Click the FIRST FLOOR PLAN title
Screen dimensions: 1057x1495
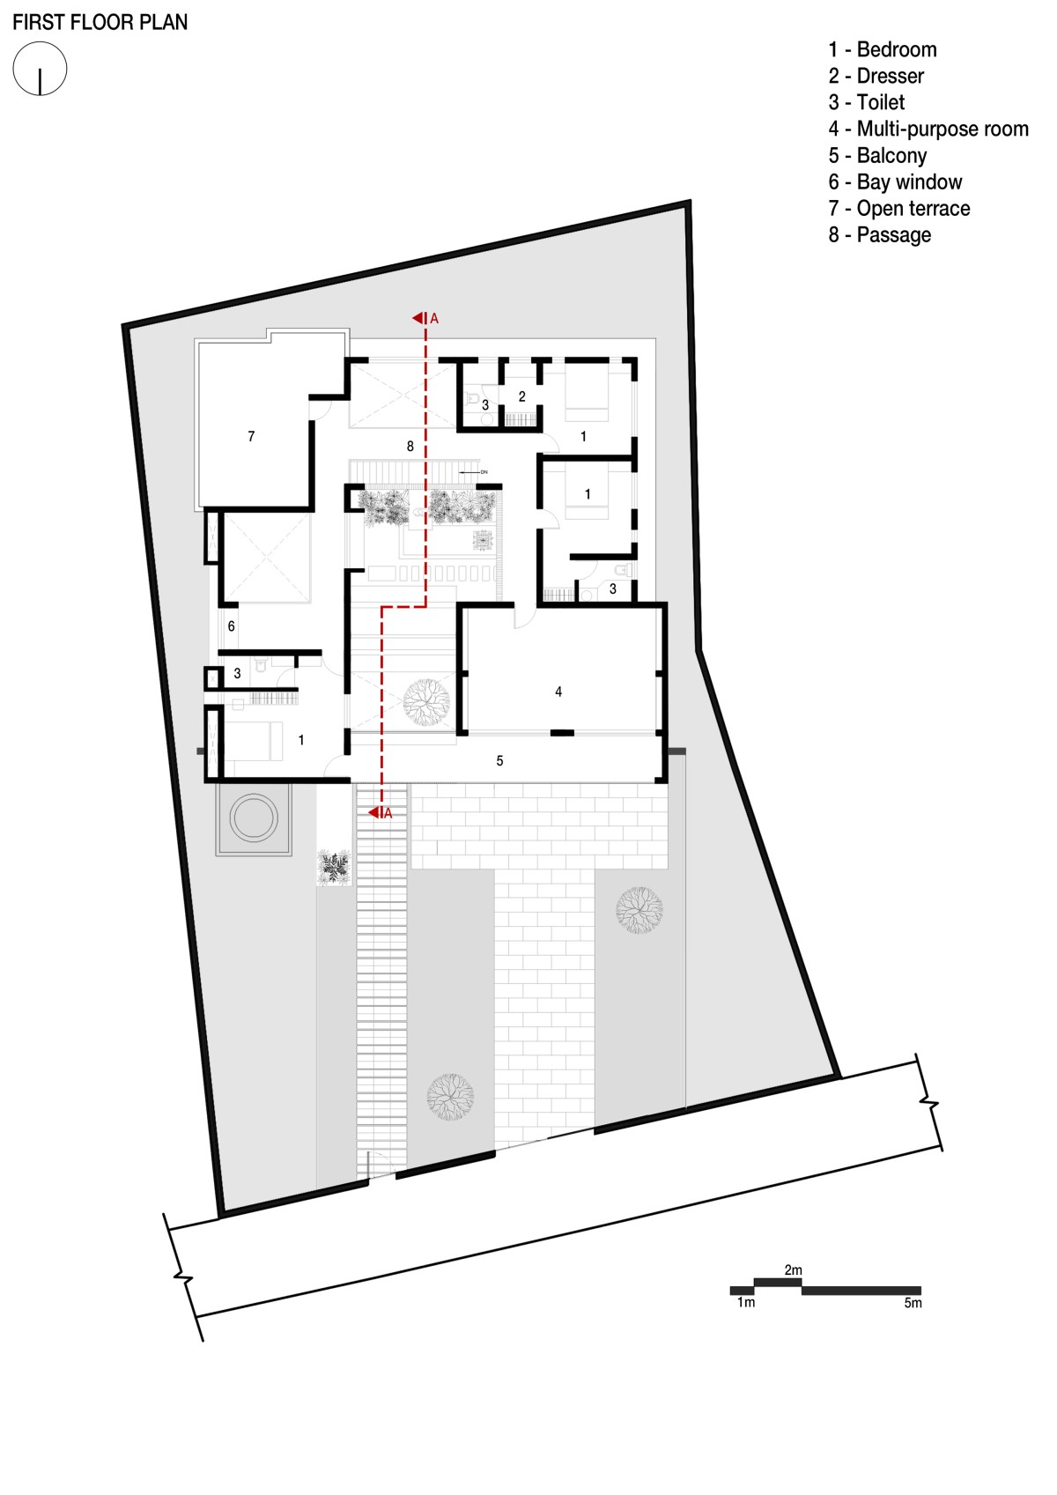(100, 22)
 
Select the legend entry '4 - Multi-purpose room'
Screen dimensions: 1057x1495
(928, 129)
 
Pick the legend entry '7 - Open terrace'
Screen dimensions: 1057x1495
(898, 208)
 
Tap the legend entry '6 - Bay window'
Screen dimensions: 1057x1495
(895, 181)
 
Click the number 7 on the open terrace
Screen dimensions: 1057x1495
(251, 436)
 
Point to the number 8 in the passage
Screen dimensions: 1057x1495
(410, 446)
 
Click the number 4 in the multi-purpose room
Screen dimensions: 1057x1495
(558, 692)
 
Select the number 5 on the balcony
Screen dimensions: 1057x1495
(499, 760)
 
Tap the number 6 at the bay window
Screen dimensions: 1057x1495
(231, 625)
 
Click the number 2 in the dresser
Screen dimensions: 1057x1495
(521, 396)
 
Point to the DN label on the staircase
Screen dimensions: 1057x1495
(484, 472)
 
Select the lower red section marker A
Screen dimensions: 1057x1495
(381, 813)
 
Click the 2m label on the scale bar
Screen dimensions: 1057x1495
(793, 1269)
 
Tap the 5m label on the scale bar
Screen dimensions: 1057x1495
(913, 1303)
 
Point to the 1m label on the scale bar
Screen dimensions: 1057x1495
(745, 1302)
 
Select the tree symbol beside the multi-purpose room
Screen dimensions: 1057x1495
(426, 701)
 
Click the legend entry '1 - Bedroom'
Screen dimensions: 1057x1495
(883, 49)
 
